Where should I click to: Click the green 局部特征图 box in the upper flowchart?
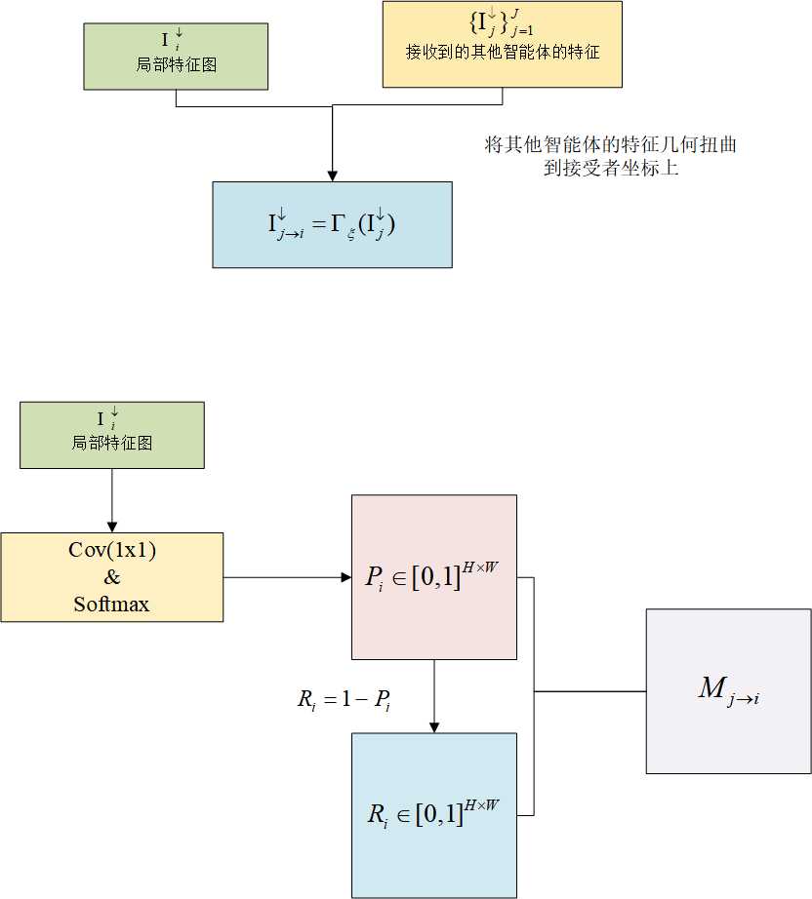tap(176, 57)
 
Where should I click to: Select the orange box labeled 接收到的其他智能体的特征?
tap(502, 44)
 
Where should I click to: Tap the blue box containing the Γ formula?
tap(332, 224)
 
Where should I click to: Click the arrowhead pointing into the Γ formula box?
tap(332, 175)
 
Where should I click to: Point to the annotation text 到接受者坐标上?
tap(610, 168)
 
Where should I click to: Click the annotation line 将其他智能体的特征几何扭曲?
tap(610, 145)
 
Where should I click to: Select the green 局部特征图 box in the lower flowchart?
tap(112, 435)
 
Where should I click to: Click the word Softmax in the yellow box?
tap(112, 605)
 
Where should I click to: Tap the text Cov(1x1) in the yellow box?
tap(112, 550)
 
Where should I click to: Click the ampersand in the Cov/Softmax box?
tap(112, 577)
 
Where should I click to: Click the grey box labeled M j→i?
tap(728, 690)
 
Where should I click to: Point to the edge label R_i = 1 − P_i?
tap(344, 699)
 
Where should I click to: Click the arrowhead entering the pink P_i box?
tap(345, 577)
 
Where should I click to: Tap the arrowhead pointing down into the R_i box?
tap(434, 726)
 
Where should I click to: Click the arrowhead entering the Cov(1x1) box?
tap(112, 527)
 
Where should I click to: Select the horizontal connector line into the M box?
tap(589, 691)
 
